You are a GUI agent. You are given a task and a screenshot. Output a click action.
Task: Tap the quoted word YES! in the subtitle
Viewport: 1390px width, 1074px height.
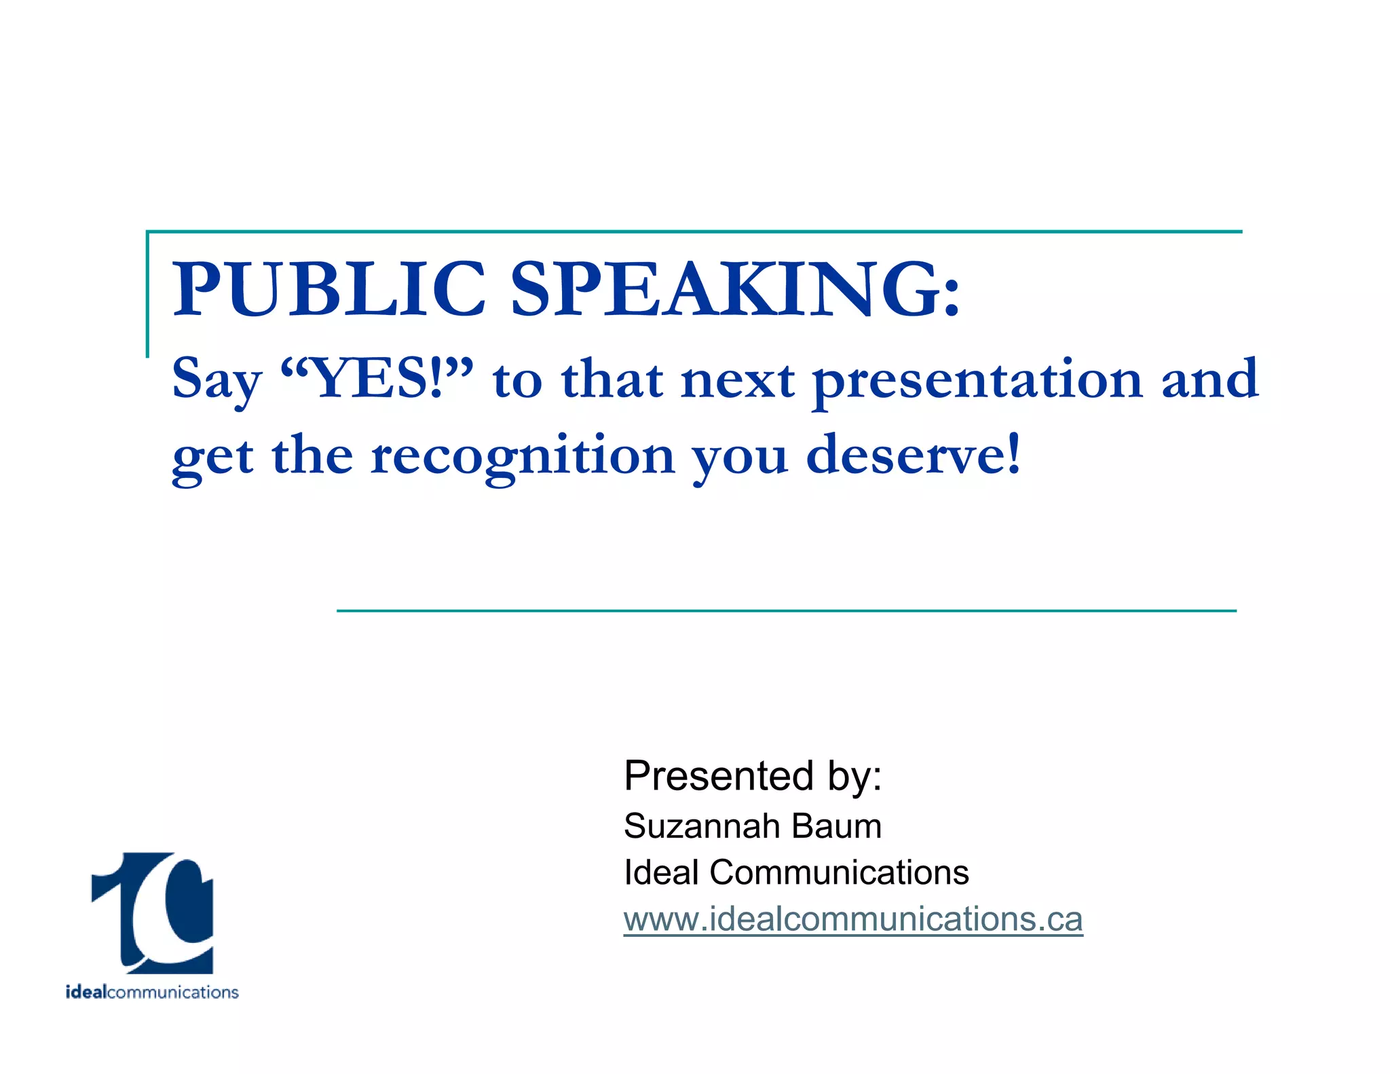pyautogui.click(x=377, y=379)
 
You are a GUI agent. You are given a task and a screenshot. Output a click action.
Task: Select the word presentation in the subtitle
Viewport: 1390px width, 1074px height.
pyautogui.click(x=977, y=380)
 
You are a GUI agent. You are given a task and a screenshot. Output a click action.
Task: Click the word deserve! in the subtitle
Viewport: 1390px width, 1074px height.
pyautogui.click(x=913, y=455)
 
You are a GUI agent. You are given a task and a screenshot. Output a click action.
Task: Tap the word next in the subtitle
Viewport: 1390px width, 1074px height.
pyautogui.click(x=738, y=380)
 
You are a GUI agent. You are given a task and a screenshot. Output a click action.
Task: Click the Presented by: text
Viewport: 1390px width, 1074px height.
pyautogui.click(x=752, y=776)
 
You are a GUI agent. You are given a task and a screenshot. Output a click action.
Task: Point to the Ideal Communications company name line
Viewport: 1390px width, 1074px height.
pyautogui.click(x=795, y=872)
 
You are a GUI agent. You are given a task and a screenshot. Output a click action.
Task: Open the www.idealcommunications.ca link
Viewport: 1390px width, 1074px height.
pyautogui.click(x=852, y=919)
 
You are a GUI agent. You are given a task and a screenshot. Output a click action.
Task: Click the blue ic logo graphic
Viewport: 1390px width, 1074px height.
pyautogui.click(x=153, y=912)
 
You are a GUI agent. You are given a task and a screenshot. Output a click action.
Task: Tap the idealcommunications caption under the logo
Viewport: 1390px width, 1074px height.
pyautogui.click(x=152, y=993)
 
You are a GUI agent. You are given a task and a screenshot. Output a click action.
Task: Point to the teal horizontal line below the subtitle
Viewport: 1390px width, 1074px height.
pyautogui.click(x=786, y=610)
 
